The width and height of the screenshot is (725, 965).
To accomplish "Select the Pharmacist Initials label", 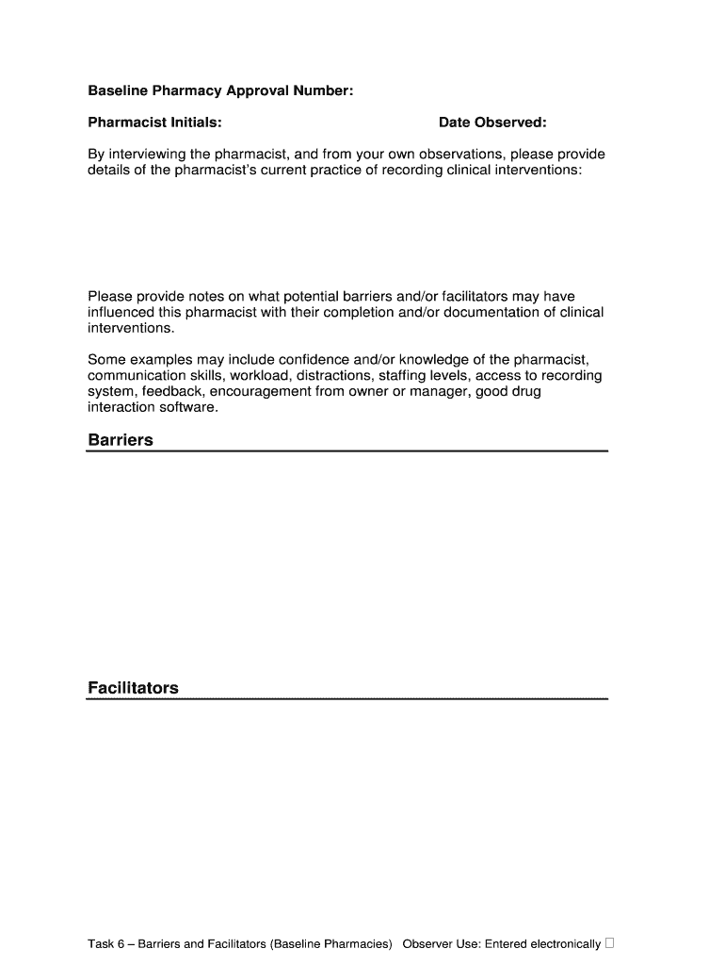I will pos(154,123).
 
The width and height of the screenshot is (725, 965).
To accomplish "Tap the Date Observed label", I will pos(491,123).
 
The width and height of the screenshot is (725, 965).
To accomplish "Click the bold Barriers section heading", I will pos(120,440).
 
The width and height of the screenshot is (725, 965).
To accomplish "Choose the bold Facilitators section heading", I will pos(133,688).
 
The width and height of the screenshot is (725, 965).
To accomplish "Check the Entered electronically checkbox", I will pos(610,942).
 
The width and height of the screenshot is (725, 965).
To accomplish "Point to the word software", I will pos(191,407).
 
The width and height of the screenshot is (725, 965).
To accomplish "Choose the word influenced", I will pos(121,312).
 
